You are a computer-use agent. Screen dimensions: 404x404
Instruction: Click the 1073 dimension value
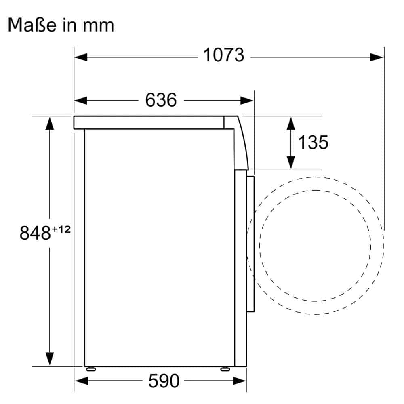coord(224,55)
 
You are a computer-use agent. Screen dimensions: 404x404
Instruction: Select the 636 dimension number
coord(161,100)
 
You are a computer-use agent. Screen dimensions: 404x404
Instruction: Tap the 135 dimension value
coord(313,142)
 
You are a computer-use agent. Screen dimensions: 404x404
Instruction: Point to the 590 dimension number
coord(164,381)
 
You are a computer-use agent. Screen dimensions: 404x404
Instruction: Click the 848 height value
coord(35,233)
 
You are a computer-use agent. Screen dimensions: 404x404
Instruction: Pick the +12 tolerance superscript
coord(61,229)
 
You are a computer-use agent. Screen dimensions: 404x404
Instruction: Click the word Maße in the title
coord(32,25)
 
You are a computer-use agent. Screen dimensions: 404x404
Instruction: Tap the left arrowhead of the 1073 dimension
coord(81,57)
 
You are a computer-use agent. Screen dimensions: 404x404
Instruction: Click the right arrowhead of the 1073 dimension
coord(377,57)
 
